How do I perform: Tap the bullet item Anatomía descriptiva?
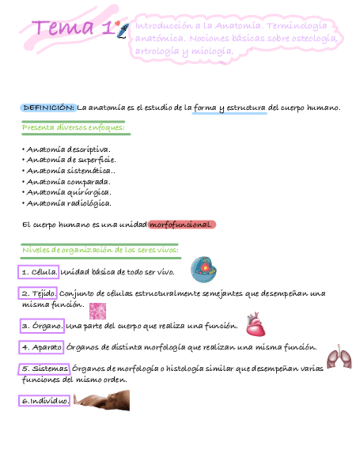click(68, 149)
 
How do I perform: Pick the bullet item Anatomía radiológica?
click(69, 203)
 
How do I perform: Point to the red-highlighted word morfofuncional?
click(181, 224)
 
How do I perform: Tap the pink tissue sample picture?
click(98, 311)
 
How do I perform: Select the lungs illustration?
click(339, 357)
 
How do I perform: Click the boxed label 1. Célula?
click(39, 272)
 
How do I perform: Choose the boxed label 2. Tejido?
click(38, 293)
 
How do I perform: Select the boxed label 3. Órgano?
click(42, 326)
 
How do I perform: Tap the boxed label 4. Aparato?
click(42, 347)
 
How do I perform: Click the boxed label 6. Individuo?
click(45, 401)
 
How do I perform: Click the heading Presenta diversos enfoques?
click(74, 128)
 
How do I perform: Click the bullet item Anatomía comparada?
click(68, 182)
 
